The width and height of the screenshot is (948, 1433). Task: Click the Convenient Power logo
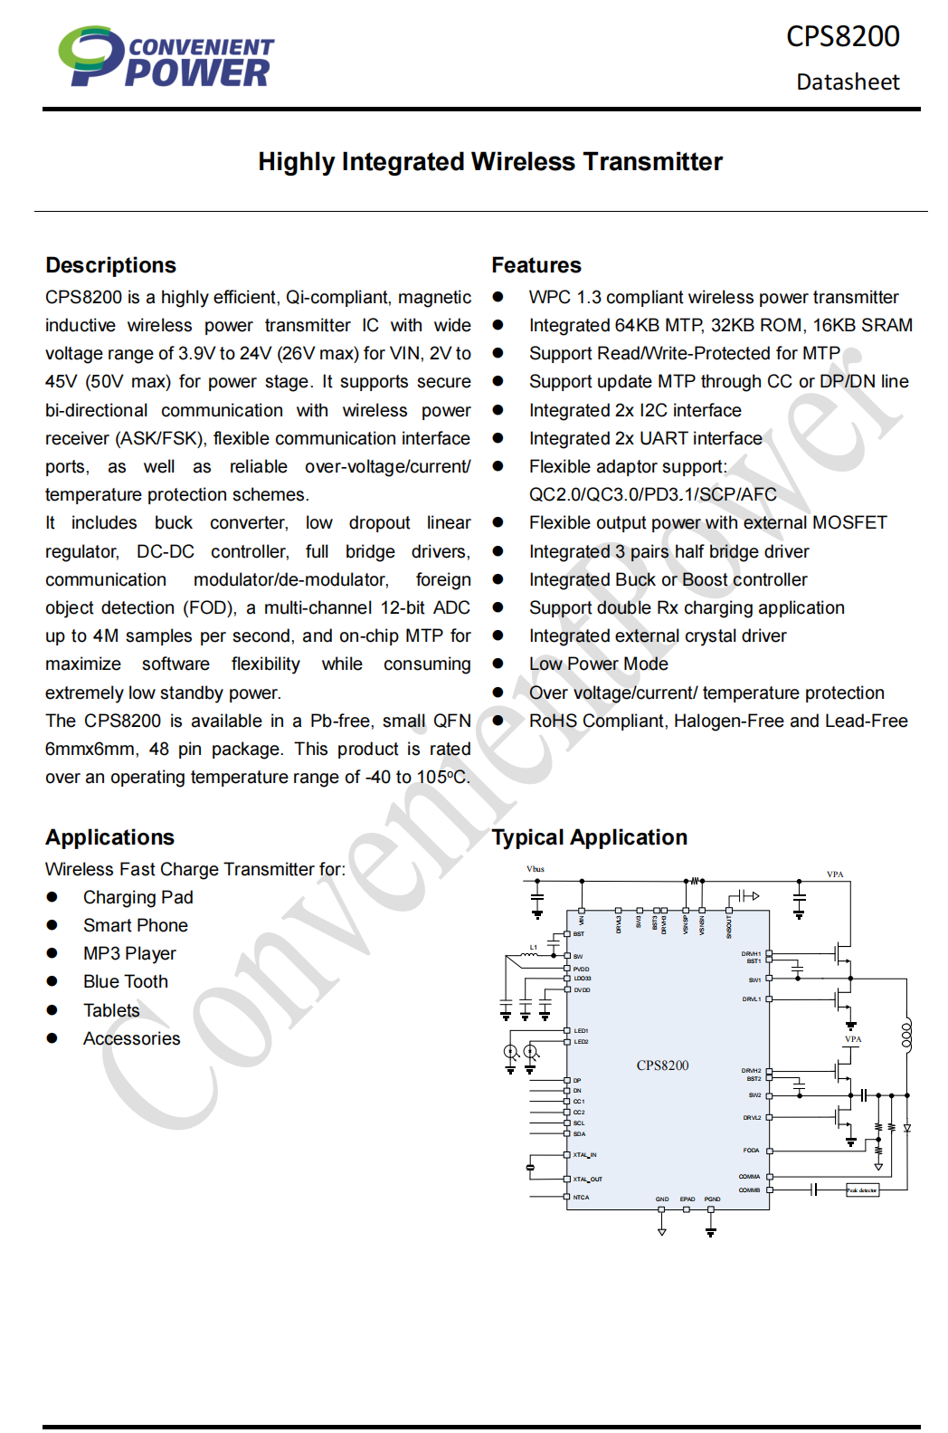[x=166, y=57]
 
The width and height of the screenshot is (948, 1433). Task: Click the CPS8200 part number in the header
[x=842, y=36]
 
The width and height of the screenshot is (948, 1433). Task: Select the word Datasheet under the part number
[x=848, y=82]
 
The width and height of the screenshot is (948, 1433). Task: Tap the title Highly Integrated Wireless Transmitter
[x=490, y=162]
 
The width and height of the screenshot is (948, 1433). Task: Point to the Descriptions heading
[x=110, y=265]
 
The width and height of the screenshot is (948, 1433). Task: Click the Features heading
[x=536, y=265]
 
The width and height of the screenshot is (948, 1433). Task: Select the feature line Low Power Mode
[x=598, y=664]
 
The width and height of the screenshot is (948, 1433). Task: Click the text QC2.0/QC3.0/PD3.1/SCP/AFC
[x=652, y=494]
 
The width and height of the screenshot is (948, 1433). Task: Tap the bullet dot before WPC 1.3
[x=498, y=297]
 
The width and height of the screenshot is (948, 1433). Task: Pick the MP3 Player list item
[x=129, y=954]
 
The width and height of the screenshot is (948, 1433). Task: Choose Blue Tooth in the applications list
[x=126, y=982]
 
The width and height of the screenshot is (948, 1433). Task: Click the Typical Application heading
[x=589, y=837]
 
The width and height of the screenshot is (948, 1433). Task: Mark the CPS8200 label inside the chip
[x=662, y=1065]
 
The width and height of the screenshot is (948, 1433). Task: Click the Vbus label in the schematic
[x=536, y=869]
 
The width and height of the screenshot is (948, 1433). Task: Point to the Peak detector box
[x=862, y=1190]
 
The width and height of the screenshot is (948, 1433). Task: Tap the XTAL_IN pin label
[x=584, y=1155]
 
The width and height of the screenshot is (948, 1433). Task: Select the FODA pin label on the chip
[x=751, y=1151]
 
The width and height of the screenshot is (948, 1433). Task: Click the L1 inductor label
[x=534, y=947]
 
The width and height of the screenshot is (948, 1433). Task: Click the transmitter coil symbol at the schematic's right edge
[x=906, y=1035]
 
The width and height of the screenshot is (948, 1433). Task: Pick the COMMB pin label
[x=749, y=1190]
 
